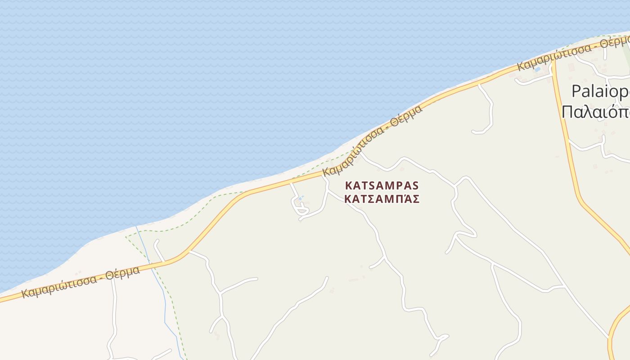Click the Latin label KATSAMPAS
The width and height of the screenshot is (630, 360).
coord(382,185)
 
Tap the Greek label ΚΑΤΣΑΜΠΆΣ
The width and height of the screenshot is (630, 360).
coord(382,199)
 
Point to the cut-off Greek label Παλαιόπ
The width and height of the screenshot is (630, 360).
coord(595,111)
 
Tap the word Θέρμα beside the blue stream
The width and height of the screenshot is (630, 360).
coord(122,274)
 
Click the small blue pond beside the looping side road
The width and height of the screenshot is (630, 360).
coord(301,198)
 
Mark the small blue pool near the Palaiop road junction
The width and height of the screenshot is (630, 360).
coord(537,70)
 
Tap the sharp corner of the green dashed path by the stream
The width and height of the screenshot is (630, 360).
coord(126,236)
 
